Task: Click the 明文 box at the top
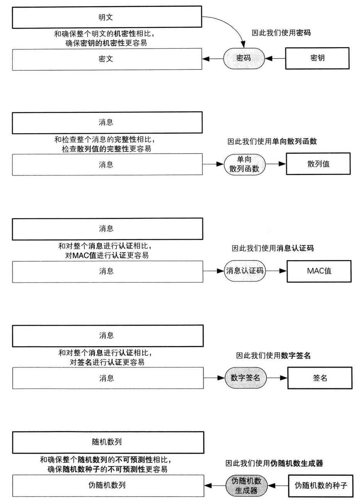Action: (107, 17)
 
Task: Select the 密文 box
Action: (107, 59)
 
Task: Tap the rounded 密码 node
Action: (244, 58)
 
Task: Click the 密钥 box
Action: (317, 58)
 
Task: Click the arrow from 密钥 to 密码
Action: (275, 59)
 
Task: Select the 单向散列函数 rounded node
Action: (245, 164)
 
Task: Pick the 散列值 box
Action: (318, 164)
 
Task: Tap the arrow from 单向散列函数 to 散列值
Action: (276, 164)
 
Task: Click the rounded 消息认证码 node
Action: (245, 271)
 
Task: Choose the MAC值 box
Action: (319, 271)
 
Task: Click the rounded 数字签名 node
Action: (245, 378)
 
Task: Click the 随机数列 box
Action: (108, 442)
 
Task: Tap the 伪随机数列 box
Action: (108, 485)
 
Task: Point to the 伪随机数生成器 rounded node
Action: (246, 485)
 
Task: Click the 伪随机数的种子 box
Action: (321, 486)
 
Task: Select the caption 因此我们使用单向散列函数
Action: (272, 141)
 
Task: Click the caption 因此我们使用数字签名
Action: (273, 355)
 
